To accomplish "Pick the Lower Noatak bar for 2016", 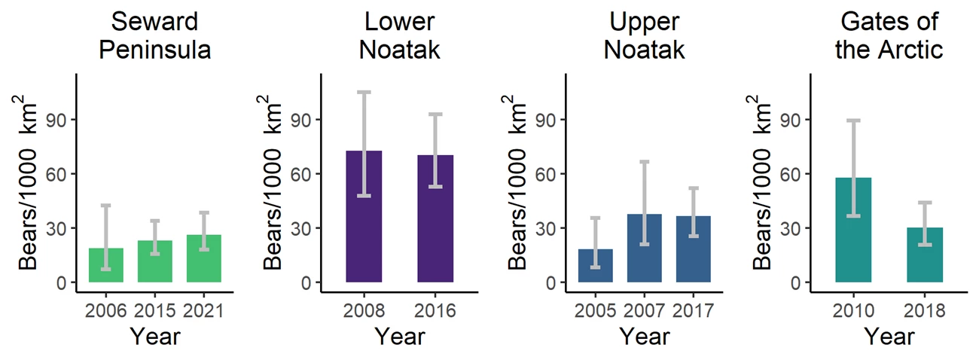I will (436, 218).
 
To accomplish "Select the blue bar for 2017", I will (693, 249).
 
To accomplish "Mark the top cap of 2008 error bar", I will (364, 92).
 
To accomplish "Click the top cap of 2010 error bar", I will (853, 121).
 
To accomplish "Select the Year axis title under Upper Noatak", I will (644, 336).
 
